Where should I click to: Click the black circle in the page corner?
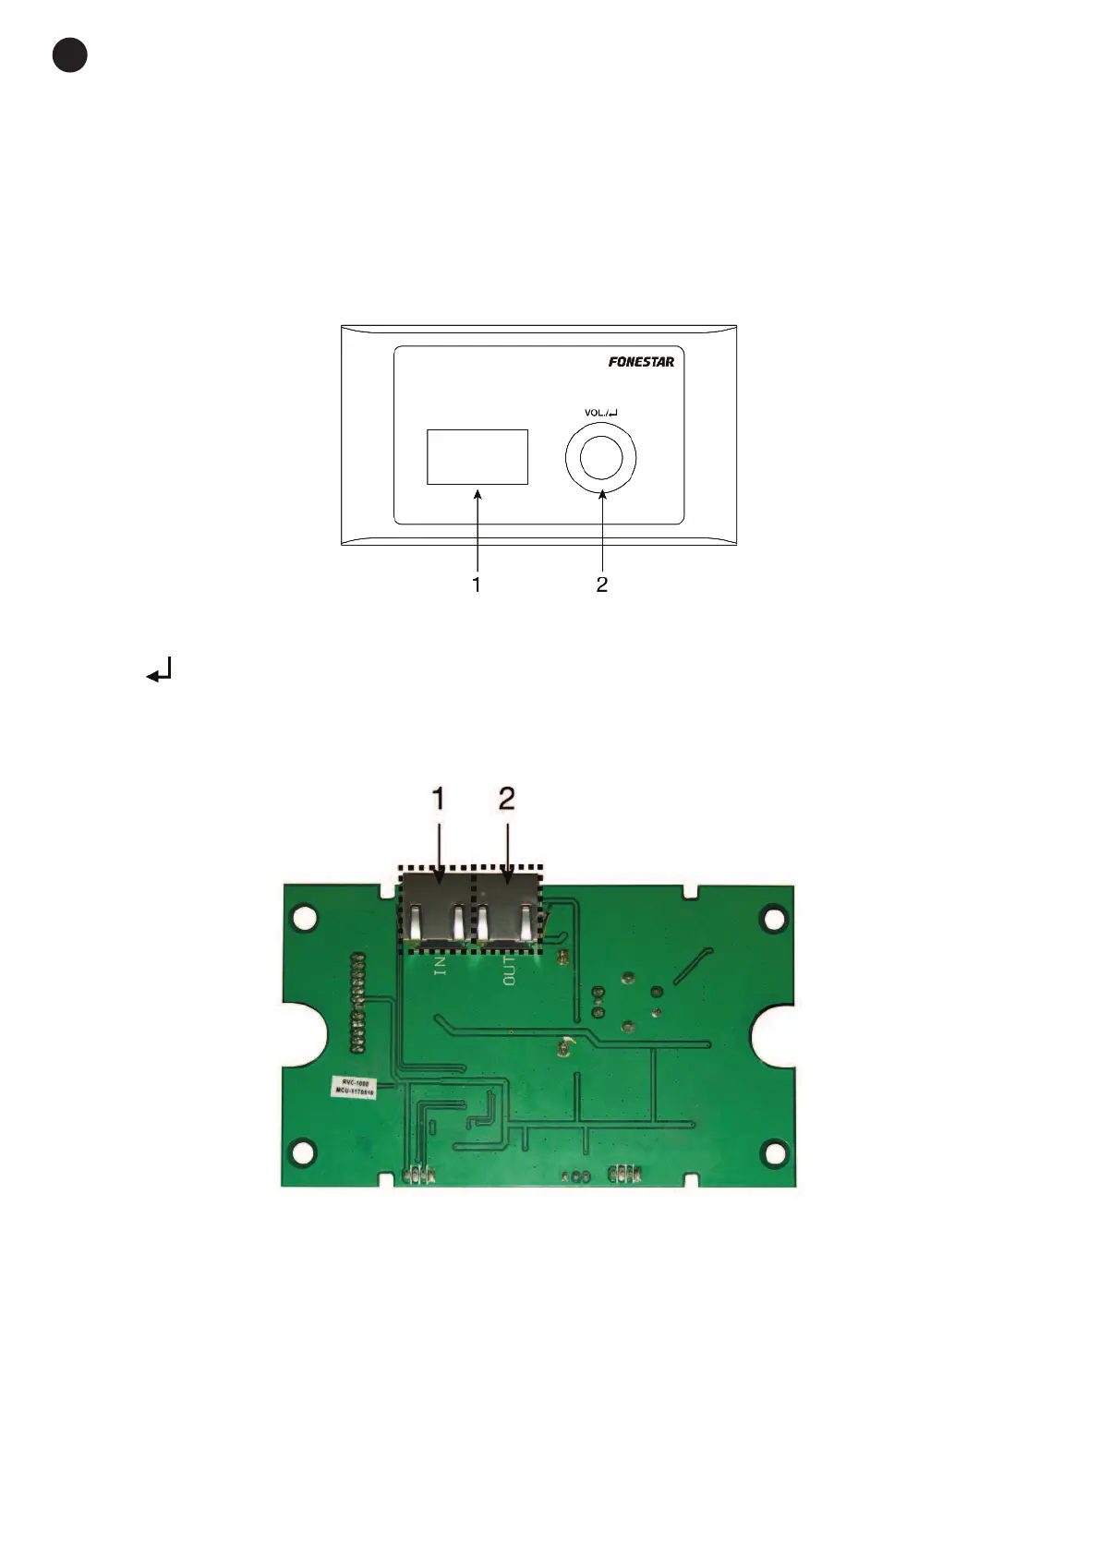click(x=70, y=55)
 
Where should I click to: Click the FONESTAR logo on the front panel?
click(x=641, y=362)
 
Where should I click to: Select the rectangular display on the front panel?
click(x=477, y=457)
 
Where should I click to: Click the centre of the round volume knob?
click(x=600, y=458)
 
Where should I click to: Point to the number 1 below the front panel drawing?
click(x=476, y=585)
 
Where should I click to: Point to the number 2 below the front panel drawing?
click(x=602, y=585)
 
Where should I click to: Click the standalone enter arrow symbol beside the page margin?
click(x=160, y=670)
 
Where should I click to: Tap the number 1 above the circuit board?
click(x=439, y=799)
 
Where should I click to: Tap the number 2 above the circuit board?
click(x=506, y=799)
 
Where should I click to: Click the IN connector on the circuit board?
click(x=437, y=910)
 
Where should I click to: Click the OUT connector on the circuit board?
click(x=506, y=910)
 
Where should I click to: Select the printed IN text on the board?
click(x=440, y=966)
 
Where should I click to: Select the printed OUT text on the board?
click(x=509, y=970)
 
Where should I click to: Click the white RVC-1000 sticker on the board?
click(x=355, y=1087)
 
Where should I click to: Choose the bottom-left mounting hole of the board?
click(x=302, y=1151)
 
